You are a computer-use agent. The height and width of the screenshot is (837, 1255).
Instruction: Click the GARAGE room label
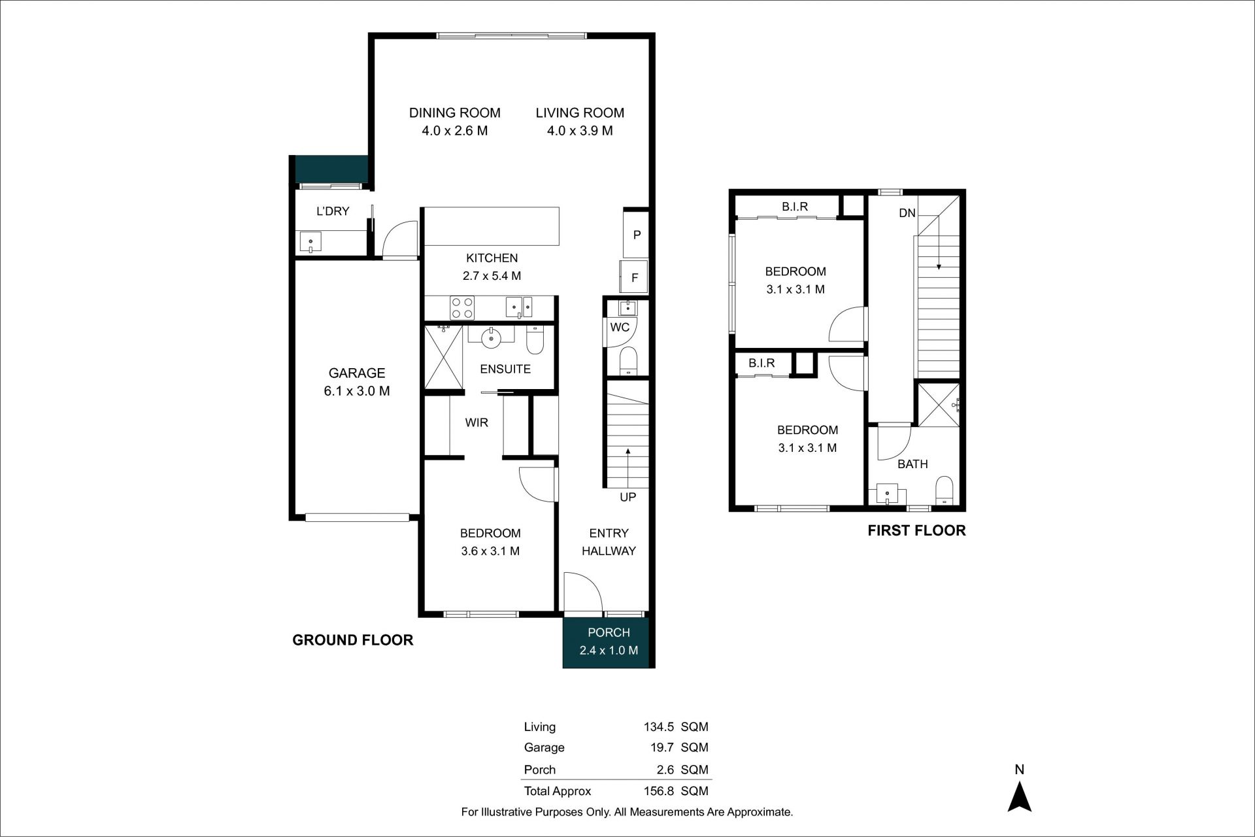[x=357, y=373]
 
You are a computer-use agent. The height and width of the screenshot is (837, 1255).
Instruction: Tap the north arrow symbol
[x=1019, y=797]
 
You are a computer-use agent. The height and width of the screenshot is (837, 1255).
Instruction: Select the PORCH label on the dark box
[x=609, y=632]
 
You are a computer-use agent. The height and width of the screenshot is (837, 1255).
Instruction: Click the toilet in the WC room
[x=628, y=361]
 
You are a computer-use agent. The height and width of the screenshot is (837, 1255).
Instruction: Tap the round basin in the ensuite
[x=491, y=337]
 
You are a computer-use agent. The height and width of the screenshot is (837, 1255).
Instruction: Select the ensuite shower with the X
[x=444, y=358]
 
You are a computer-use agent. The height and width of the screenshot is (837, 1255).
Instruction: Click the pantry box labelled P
[x=636, y=234]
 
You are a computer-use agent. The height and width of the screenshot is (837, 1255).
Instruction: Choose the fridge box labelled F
[x=634, y=277]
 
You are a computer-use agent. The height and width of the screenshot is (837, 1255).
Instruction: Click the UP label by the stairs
[x=627, y=497]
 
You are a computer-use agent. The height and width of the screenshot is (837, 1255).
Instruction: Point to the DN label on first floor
[x=907, y=213]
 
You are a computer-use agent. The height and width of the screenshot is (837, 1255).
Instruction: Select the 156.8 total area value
[x=658, y=791]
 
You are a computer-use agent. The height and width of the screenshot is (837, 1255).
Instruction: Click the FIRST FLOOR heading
[x=916, y=530]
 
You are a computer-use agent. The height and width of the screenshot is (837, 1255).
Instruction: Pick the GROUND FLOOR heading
[x=352, y=640]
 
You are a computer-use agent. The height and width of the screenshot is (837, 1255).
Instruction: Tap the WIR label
[x=477, y=422]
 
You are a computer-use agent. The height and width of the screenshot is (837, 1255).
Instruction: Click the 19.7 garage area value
[x=662, y=747]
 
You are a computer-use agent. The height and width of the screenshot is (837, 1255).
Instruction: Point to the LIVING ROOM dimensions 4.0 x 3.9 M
[x=580, y=131]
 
